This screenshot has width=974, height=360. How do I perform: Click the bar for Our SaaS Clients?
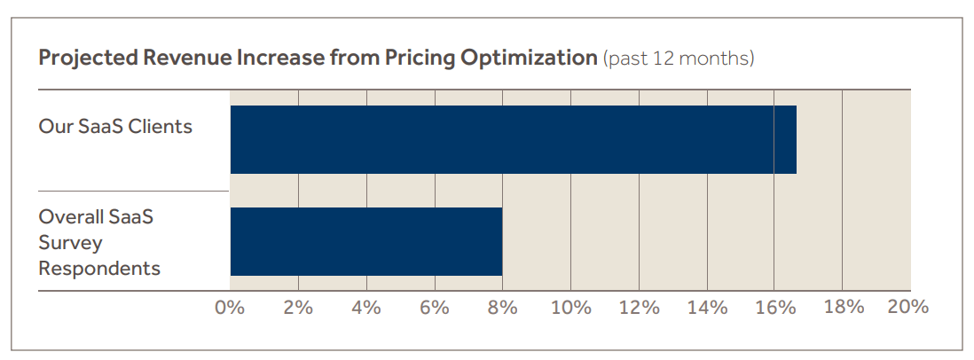(513, 139)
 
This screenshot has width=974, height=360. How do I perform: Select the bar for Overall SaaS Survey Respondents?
(366, 241)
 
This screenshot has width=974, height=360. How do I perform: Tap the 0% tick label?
(230, 308)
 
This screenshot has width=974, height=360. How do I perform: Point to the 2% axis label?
(298, 308)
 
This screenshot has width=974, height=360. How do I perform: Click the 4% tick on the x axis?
(366, 308)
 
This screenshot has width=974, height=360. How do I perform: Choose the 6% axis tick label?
(435, 308)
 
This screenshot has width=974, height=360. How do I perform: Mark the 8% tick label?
(503, 308)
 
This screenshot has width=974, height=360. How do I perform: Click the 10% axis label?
(570, 308)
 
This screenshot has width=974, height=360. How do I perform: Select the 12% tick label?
(639, 308)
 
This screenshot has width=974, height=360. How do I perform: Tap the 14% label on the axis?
(707, 308)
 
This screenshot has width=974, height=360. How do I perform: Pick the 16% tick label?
(774, 308)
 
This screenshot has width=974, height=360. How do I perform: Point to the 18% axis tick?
(844, 308)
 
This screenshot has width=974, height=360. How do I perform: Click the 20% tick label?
(907, 308)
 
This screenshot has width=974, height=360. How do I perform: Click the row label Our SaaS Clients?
(115, 126)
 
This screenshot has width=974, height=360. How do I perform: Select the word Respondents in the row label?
(99, 268)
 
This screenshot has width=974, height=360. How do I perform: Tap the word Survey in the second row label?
(70, 242)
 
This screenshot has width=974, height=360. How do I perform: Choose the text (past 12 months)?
(679, 59)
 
